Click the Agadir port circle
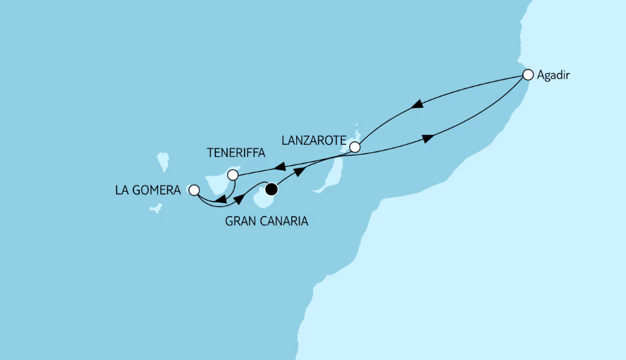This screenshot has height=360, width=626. [528, 74]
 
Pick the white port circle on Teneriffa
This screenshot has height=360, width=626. [233, 175]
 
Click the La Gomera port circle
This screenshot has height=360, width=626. [194, 190]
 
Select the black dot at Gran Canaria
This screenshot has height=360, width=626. [271, 190]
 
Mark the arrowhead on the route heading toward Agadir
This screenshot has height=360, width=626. [427, 138]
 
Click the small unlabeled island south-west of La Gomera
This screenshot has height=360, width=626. [155, 208]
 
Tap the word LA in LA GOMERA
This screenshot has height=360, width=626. [121, 190]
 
